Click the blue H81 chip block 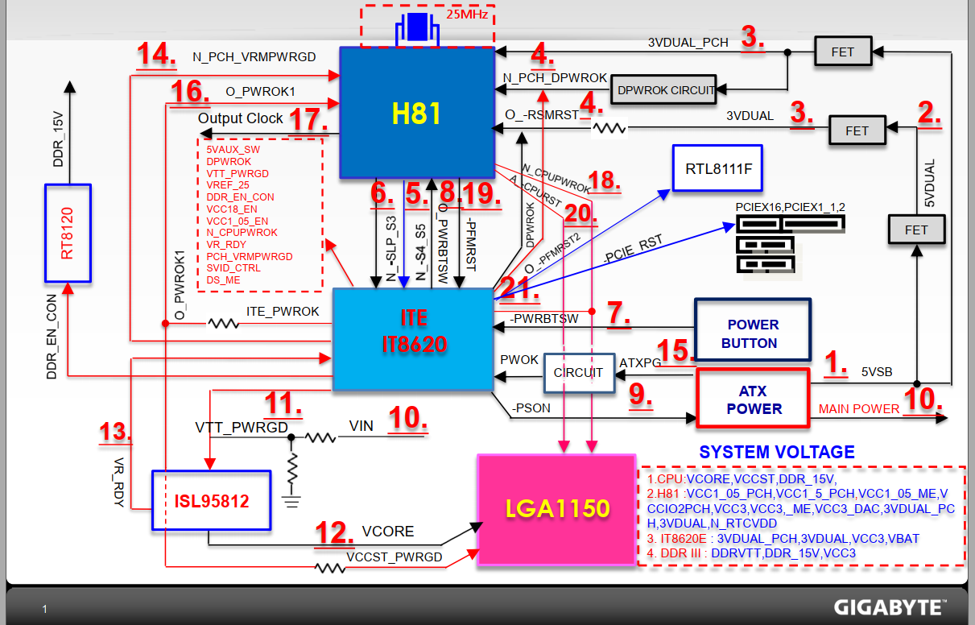click(x=416, y=112)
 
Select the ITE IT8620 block click(x=413, y=339)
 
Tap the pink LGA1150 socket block click(x=557, y=509)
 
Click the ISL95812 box click(x=212, y=501)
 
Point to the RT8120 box click(x=68, y=233)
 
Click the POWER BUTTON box click(x=753, y=333)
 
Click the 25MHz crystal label click(x=468, y=14)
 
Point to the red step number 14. click(x=155, y=56)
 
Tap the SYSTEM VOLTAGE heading click(x=776, y=453)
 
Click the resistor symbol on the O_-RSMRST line click(x=609, y=127)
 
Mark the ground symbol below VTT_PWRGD click(x=291, y=499)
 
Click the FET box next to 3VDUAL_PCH click(x=842, y=52)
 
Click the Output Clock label click(x=240, y=118)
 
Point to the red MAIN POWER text click(x=858, y=408)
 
